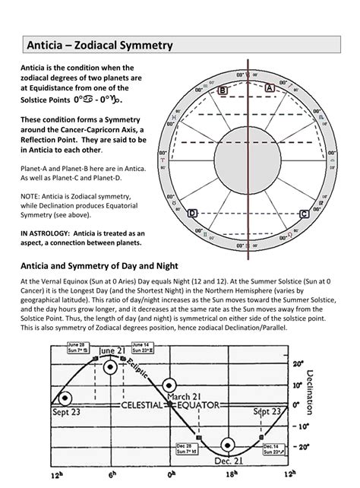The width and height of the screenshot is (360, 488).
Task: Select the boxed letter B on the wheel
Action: (222, 90)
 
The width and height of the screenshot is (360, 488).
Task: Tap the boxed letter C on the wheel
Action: (304, 214)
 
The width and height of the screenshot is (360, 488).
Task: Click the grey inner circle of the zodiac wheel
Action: (248, 151)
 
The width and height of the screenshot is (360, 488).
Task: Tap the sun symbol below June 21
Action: (112, 366)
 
